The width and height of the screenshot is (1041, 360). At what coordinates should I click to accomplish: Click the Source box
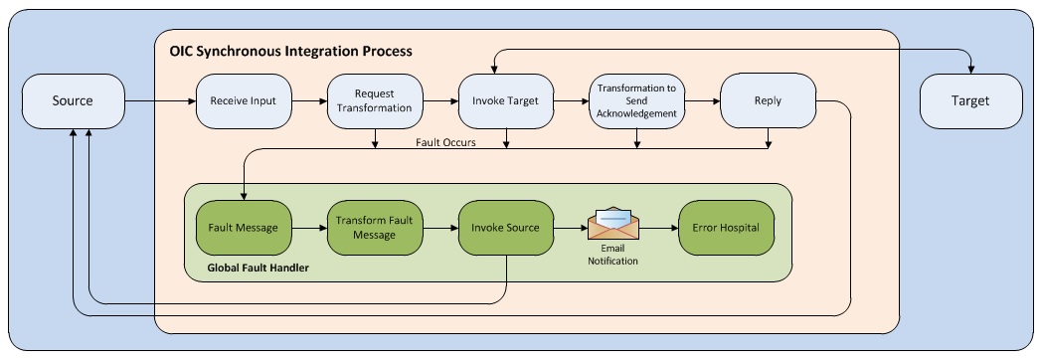[x=73, y=101]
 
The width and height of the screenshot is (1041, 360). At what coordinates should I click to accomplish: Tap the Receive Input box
[x=242, y=101]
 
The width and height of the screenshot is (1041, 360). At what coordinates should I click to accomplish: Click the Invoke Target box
[x=504, y=101]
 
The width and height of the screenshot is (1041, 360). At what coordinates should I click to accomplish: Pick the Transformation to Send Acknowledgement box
[x=635, y=101]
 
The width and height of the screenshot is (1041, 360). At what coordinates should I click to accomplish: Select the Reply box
[x=767, y=101]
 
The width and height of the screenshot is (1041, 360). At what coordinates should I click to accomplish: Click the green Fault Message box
[x=242, y=228]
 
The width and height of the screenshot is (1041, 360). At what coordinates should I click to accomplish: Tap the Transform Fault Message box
[x=373, y=228]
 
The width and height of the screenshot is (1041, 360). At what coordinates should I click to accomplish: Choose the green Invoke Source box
[x=504, y=228]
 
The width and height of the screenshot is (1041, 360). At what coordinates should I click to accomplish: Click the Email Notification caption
[x=610, y=255]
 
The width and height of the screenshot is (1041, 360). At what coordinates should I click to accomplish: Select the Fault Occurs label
[x=444, y=142]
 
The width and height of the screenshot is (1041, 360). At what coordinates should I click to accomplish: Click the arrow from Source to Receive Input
[x=159, y=101]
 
